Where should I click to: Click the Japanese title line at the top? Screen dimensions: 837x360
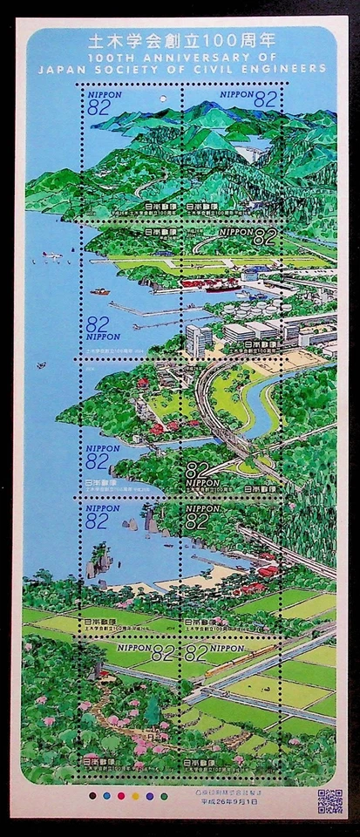[180, 40]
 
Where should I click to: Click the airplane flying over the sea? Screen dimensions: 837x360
[51, 256]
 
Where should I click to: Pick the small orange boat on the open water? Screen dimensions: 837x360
[100, 291]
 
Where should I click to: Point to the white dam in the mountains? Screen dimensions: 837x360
[254, 154]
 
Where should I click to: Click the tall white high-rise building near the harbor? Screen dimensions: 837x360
[198, 339]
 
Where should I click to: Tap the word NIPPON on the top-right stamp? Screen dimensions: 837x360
[236, 91]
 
